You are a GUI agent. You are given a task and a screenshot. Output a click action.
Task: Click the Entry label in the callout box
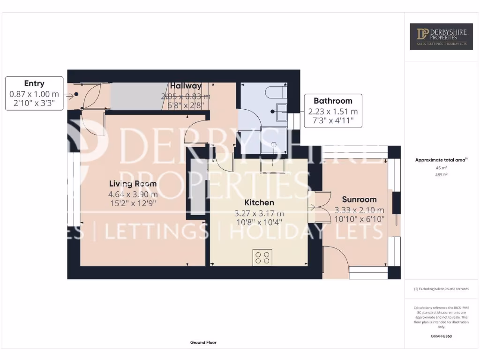click(x=34, y=83)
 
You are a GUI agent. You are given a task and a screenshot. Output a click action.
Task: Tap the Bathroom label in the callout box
click(x=333, y=101)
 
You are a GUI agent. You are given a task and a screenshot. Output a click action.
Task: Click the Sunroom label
click(x=359, y=199)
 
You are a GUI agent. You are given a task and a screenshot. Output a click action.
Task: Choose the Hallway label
click(x=186, y=86)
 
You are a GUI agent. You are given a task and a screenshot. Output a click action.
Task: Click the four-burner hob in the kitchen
click(x=262, y=257)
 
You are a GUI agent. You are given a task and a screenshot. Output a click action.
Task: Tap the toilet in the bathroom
click(x=275, y=92)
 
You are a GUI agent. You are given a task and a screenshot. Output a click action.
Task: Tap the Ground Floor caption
click(x=203, y=343)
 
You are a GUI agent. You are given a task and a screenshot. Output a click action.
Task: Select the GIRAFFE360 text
click(x=441, y=336)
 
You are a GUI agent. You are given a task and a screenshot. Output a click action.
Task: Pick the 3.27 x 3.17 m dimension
click(x=259, y=213)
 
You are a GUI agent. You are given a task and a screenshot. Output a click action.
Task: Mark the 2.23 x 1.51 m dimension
click(x=333, y=112)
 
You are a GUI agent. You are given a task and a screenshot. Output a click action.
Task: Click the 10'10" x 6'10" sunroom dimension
click(x=359, y=219)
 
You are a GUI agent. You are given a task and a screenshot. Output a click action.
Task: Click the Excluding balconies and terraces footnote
click(x=441, y=289)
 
